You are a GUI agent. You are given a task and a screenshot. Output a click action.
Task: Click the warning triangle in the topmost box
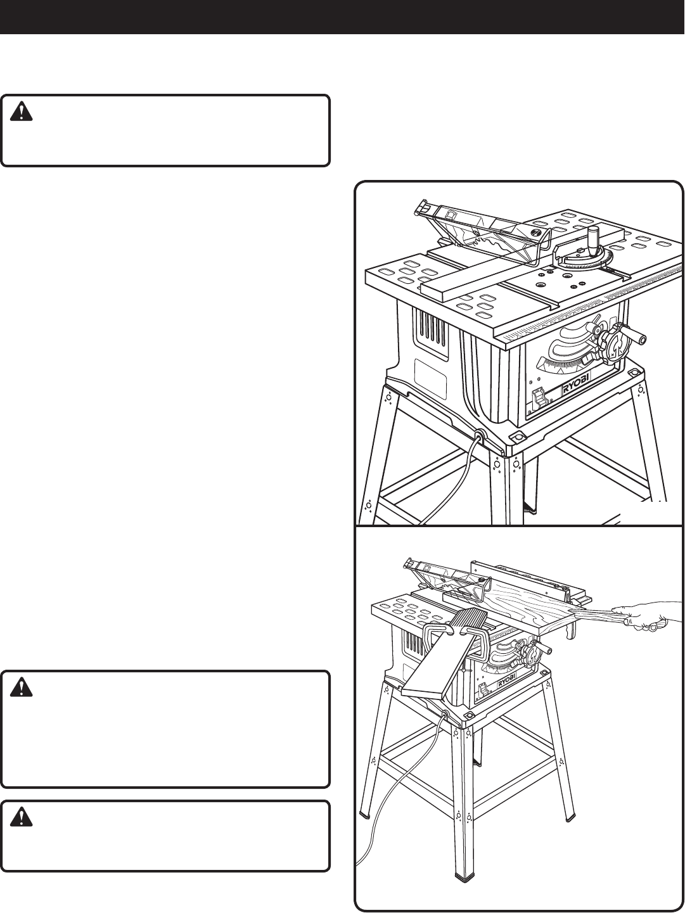pyautogui.click(x=22, y=113)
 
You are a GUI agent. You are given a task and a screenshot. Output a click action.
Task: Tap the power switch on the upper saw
pyautogui.click(x=539, y=397)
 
